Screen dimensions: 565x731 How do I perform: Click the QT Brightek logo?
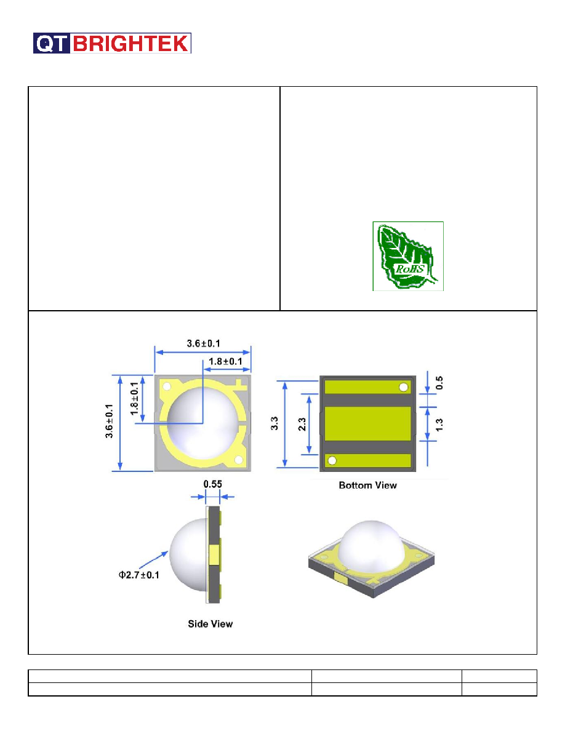tap(112, 43)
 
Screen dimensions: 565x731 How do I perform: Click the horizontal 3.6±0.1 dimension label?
tap(203, 343)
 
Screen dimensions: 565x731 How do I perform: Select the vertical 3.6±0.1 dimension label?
tap(109, 421)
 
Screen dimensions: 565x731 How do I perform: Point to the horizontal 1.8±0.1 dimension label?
tap(225, 362)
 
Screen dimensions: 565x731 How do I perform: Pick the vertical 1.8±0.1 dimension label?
tap(134, 399)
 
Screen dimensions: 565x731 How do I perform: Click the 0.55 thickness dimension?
tap(212, 484)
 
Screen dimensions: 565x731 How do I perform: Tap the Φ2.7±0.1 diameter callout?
tap(139, 575)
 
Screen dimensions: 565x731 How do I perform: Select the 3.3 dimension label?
tap(274, 423)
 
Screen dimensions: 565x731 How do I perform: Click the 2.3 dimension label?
tap(302, 424)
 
